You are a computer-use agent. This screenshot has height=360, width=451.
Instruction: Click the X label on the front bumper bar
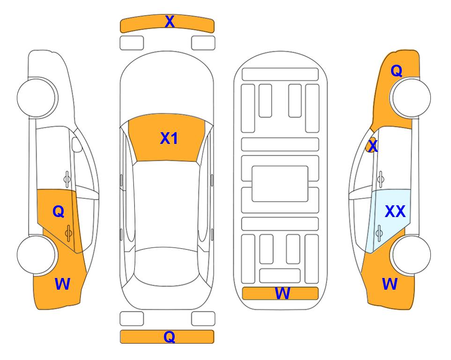[x=170, y=22]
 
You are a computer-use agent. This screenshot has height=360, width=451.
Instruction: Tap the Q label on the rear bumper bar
[x=170, y=337]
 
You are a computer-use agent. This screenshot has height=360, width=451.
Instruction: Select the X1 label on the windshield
[x=169, y=138]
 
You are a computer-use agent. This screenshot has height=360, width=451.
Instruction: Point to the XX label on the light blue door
[x=395, y=211]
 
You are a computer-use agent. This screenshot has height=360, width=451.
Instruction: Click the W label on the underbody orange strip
[x=282, y=293]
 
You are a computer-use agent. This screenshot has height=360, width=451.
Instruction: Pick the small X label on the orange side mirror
[x=373, y=145]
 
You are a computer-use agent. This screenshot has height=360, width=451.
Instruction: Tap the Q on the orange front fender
[x=396, y=71]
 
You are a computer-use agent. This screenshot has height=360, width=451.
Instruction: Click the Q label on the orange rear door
[x=59, y=212]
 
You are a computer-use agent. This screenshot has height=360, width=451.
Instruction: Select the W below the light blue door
[x=390, y=284]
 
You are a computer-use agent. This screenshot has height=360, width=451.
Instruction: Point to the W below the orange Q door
[x=62, y=284]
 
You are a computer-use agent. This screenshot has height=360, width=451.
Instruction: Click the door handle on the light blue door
[x=379, y=233]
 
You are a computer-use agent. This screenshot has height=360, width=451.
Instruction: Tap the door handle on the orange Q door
[x=68, y=233]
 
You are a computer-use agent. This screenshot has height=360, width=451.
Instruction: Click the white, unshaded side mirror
[x=77, y=144]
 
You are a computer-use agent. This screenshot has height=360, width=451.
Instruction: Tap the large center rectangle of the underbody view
[x=280, y=184]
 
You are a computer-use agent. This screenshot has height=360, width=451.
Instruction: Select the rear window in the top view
[x=167, y=266]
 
